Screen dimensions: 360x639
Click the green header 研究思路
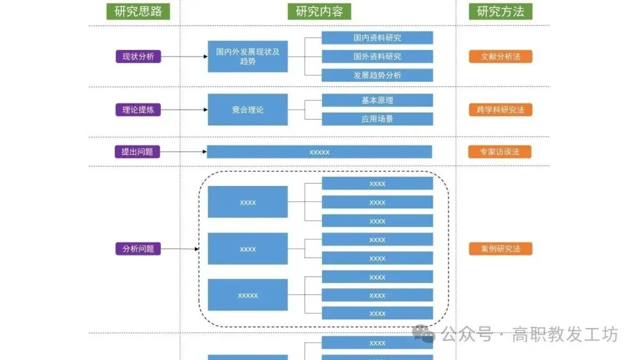(138, 11)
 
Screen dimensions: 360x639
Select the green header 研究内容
(319, 11)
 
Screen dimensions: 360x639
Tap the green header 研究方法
(501, 11)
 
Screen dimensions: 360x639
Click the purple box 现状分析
(138, 57)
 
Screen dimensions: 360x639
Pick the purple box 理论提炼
(138, 110)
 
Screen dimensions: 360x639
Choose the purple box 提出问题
(137, 152)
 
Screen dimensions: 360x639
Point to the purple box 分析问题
(138, 249)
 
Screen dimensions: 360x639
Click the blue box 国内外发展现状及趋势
(248, 56)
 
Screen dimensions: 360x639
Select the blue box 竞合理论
(248, 110)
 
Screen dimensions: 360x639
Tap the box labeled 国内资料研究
(377, 38)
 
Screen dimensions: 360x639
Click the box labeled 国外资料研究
(377, 57)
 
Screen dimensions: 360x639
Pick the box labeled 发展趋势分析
(377, 75)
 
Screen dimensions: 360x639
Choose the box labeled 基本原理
(377, 100)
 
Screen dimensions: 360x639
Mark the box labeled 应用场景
(377, 119)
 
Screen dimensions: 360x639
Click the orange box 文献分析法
(501, 57)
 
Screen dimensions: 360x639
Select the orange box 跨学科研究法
(501, 110)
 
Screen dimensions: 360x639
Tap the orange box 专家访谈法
(501, 152)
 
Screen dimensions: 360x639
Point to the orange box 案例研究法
(501, 249)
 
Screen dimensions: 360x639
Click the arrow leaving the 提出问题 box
(183, 152)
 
